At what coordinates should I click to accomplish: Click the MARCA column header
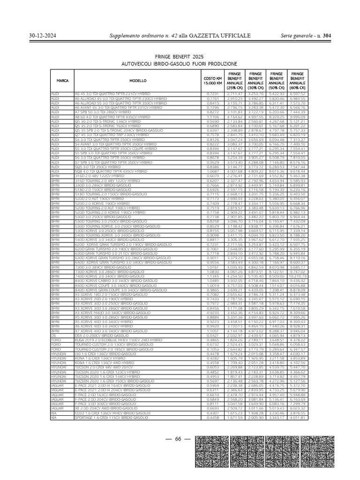(x=62, y=81)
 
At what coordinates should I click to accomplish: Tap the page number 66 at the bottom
(x=178, y=439)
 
